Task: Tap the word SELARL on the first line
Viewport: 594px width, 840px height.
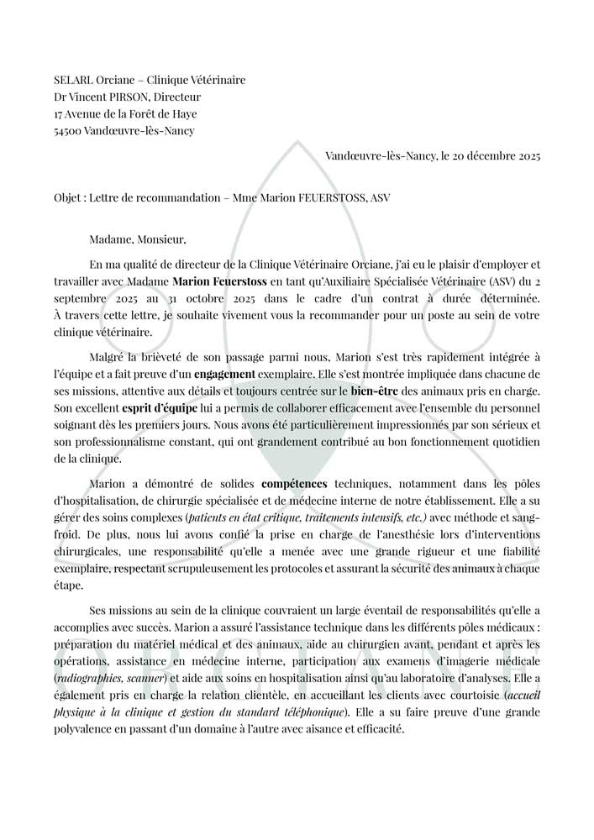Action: [x=73, y=81]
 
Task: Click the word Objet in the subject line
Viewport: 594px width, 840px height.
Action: [x=69, y=197]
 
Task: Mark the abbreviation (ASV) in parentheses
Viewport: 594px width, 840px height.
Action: [x=496, y=281]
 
